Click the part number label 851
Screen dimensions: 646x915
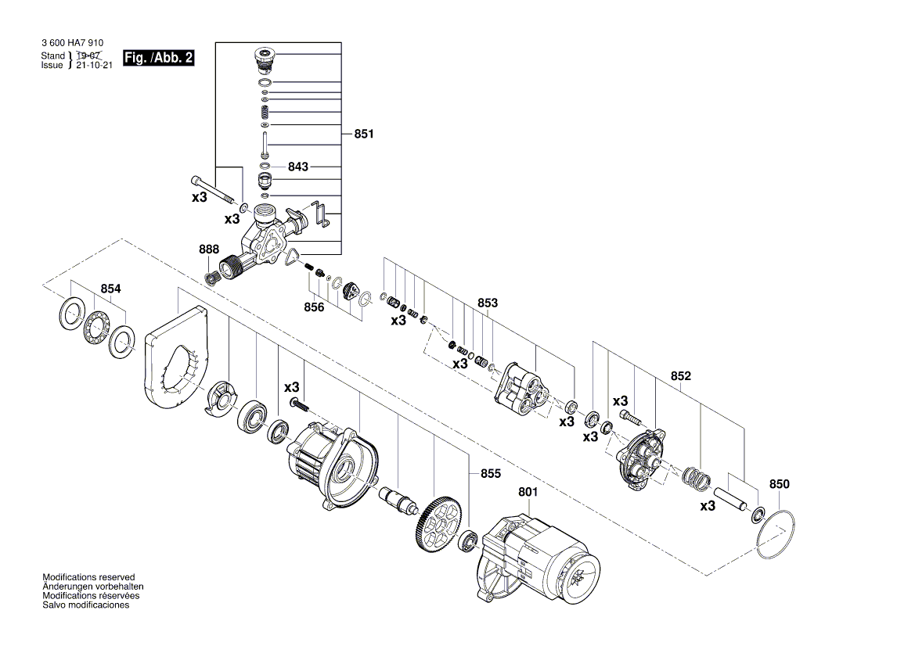pos(364,135)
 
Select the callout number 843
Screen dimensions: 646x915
pos(298,167)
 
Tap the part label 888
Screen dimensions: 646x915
pos(209,249)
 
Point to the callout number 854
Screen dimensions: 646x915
pos(110,289)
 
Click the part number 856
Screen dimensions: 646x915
pos(314,307)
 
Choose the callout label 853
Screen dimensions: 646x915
pos(488,303)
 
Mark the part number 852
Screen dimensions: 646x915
pos(681,376)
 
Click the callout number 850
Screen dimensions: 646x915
pos(780,484)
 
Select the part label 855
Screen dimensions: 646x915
pos(491,474)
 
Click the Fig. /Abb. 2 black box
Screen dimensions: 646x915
pos(159,59)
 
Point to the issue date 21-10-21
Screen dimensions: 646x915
pos(95,66)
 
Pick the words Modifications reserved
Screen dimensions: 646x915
pos(88,577)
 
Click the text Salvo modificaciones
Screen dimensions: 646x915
pos(86,605)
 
